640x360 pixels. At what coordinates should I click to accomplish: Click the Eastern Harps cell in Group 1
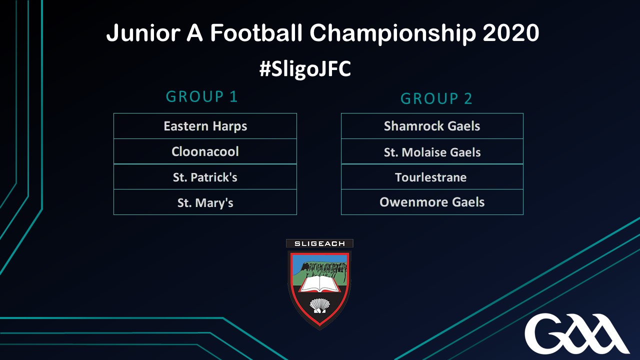pyautogui.click(x=205, y=126)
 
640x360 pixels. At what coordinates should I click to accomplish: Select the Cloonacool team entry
pyautogui.click(x=205, y=151)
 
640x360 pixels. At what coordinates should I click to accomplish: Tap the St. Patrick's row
pyautogui.click(x=205, y=177)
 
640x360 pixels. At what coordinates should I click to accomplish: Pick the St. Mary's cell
pyautogui.click(x=205, y=202)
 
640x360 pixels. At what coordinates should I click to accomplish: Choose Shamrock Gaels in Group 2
pyautogui.click(x=432, y=126)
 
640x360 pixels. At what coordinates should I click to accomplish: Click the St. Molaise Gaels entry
pyautogui.click(x=432, y=151)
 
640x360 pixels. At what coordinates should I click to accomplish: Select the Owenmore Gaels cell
pyautogui.click(x=432, y=202)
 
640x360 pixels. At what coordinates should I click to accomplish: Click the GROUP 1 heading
pyautogui.click(x=201, y=96)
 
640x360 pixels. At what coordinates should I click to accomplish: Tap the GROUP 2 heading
pyautogui.click(x=436, y=98)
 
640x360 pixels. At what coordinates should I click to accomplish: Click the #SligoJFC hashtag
pyautogui.click(x=305, y=69)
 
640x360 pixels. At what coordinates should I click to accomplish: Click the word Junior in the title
pyautogui.click(x=143, y=32)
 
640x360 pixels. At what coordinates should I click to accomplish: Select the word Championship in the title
pyautogui.click(x=393, y=33)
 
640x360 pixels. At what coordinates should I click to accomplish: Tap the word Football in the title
pyautogui.click(x=256, y=32)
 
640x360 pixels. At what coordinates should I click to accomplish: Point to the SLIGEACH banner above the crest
pyautogui.click(x=319, y=243)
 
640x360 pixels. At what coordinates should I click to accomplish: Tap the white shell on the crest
pyautogui.click(x=319, y=305)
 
